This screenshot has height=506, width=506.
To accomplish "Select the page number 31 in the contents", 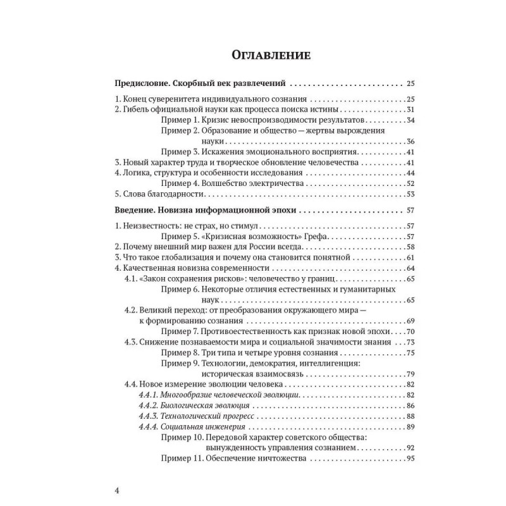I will tap(410, 109).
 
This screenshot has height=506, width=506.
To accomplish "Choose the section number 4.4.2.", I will tap(149, 405).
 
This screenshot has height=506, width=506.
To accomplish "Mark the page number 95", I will tap(410, 458).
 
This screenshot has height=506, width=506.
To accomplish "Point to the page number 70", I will tap(410, 331).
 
